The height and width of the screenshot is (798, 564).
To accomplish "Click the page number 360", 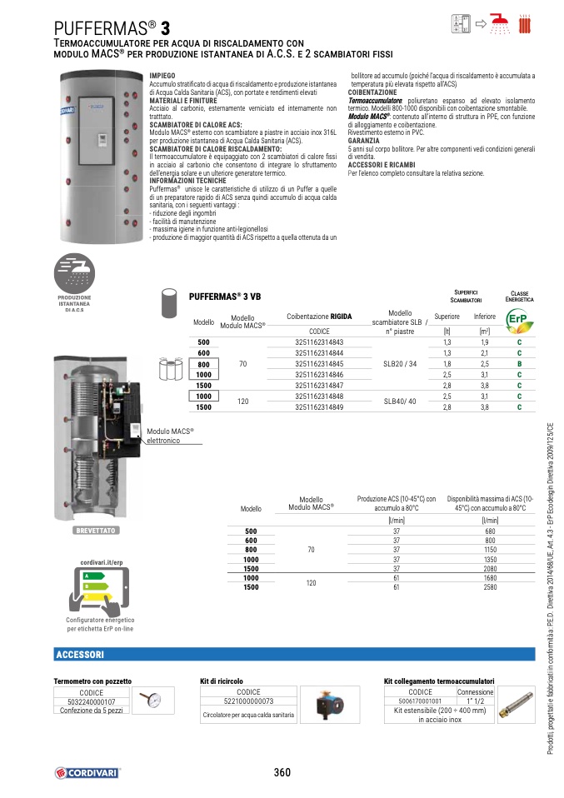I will click(282, 772).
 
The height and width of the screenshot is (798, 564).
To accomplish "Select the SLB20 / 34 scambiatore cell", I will click(400, 364).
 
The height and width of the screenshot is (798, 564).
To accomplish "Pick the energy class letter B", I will click(519, 364).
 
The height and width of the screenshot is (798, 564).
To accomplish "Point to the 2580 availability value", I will click(490, 587).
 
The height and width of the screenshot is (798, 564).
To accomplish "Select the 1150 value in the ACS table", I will click(490, 550).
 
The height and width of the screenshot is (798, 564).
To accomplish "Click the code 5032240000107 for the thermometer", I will click(92, 701).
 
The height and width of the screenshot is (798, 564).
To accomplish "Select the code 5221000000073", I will click(249, 701).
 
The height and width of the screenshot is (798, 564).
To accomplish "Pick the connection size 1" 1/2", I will click(475, 701).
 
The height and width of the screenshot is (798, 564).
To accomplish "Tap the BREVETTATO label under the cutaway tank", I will click(97, 530).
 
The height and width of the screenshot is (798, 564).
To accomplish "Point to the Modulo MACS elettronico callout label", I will click(170, 436).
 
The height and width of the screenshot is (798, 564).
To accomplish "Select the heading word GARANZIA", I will click(363, 141).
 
